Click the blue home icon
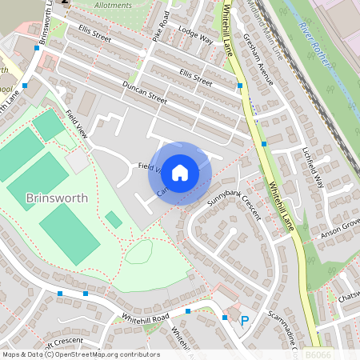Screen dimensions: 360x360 click(x=180, y=172)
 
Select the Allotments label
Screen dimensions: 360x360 click(x=113, y=5)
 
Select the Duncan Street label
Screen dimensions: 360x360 click(x=144, y=94)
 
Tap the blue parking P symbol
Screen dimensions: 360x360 click(x=245, y=322)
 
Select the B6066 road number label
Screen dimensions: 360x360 click(x=318, y=353)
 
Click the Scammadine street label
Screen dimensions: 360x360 click(x=282, y=327)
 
